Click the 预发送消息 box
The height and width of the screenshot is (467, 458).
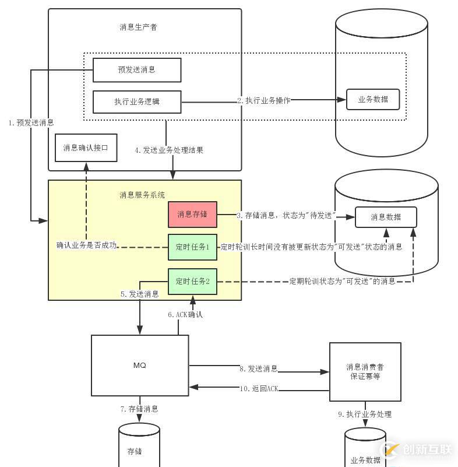point(137,70)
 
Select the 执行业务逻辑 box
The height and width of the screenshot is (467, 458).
point(137,102)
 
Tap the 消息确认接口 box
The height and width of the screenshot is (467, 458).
point(86,148)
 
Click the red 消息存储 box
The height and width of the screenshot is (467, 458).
point(192,215)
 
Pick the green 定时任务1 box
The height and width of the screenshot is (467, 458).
point(192,247)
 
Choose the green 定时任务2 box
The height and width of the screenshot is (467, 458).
point(192,281)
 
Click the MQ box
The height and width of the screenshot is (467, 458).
point(140,366)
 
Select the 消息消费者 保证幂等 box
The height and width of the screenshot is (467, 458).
point(365,371)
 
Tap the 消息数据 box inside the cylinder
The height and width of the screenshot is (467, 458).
point(386,217)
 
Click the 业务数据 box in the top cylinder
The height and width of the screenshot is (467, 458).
point(374,99)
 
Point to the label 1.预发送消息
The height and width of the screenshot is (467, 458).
point(31,123)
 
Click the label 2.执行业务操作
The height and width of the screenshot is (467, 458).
point(263,100)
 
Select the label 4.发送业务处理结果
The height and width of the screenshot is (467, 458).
point(169,150)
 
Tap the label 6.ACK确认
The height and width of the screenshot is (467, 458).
point(186,315)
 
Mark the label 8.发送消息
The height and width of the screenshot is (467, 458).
point(258,369)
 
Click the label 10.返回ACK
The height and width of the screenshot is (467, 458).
point(259,388)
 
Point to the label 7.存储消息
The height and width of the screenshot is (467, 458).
point(139,409)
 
